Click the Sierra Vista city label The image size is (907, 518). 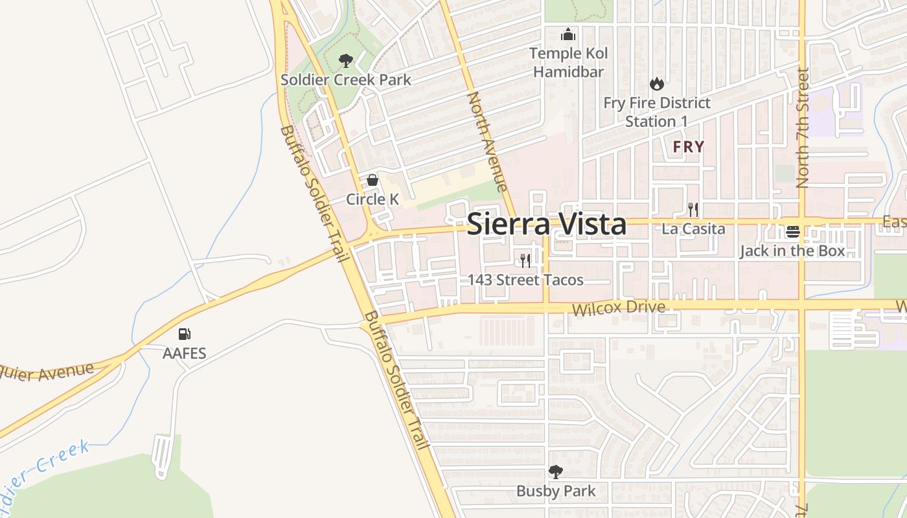[x=546, y=224]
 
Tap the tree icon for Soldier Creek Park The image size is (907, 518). [x=346, y=62]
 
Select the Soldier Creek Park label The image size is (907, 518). [x=346, y=80]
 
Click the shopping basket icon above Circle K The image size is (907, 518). [x=373, y=180]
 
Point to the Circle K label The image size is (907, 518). [x=373, y=199]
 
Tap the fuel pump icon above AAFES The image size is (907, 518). [x=185, y=334]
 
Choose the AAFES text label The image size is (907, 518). [x=185, y=354]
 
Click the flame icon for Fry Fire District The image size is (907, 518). [x=657, y=84]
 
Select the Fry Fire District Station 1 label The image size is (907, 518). [x=657, y=112]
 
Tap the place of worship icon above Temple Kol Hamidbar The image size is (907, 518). [x=568, y=34]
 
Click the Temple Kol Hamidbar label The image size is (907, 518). [x=568, y=62]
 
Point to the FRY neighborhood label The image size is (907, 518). [x=688, y=147]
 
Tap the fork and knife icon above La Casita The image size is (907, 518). [x=693, y=209]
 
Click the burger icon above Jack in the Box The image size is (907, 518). [x=793, y=231]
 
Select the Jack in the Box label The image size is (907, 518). [x=793, y=251]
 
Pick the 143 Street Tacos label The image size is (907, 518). [x=526, y=280]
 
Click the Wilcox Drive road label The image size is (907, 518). [x=618, y=307]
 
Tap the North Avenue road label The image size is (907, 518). [x=487, y=142]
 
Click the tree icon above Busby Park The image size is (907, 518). [x=555, y=471]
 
